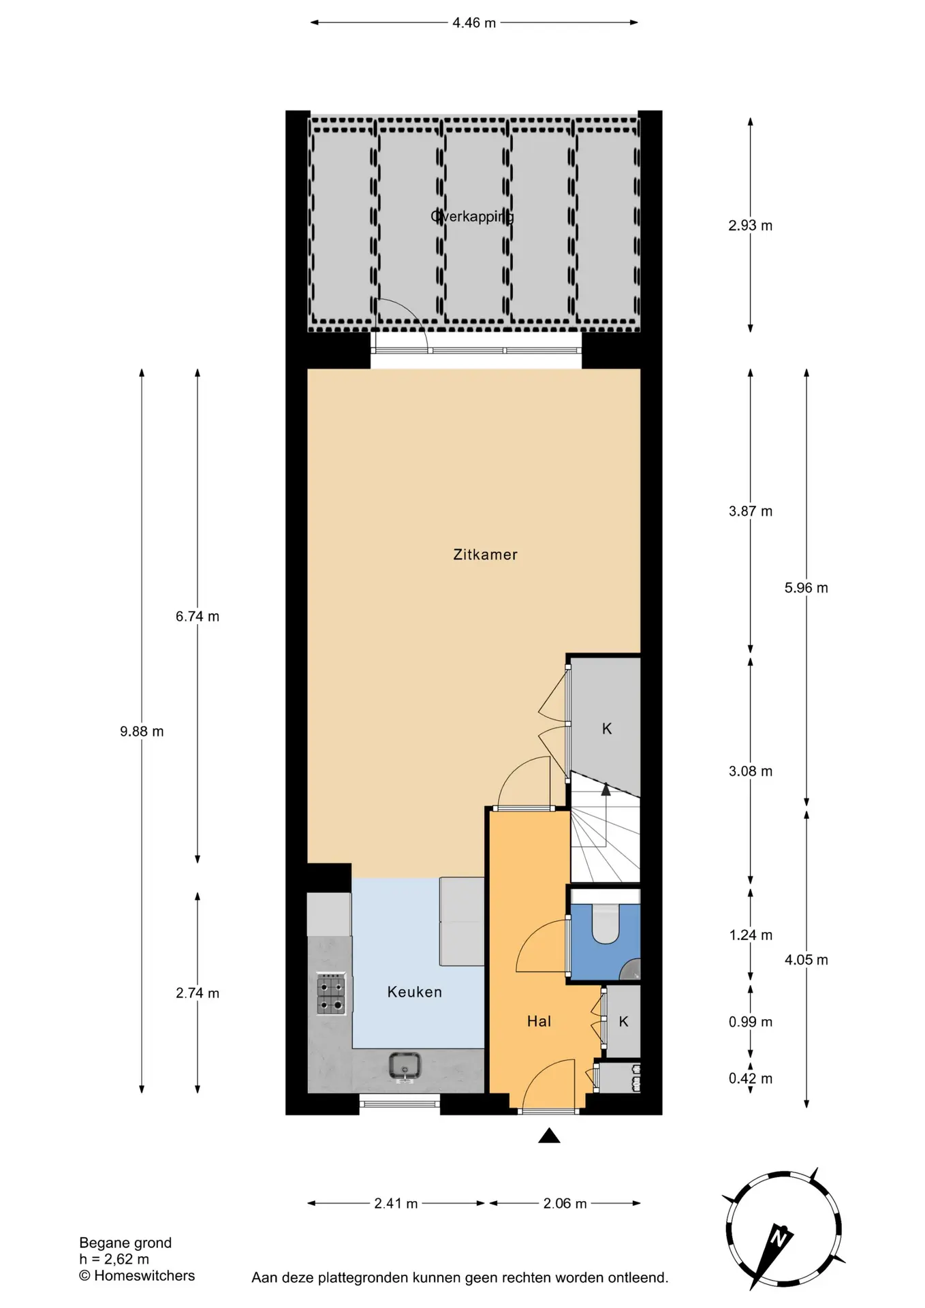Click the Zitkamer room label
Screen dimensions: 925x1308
click(485, 555)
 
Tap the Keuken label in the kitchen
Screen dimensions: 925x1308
click(414, 992)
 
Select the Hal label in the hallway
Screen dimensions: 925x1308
click(539, 1021)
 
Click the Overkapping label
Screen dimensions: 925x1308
click(472, 217)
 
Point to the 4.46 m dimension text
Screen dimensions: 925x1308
click(474, 22)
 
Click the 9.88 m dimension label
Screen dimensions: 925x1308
click(142, 731)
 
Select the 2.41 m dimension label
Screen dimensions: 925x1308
click(396, 1203)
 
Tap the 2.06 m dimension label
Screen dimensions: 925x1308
click(565, 1203)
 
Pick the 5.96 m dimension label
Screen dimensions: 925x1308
click(806, 587)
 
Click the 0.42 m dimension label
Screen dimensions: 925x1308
click(751, 1078)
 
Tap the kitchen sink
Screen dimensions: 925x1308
click(405, 1067)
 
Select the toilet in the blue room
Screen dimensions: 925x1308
click(605, 922)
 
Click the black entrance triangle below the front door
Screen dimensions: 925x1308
click(549, 1135)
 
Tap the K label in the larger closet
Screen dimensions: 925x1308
click(607, 729)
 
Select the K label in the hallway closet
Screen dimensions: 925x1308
click(623, 1021)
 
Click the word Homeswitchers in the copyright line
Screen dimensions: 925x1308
click(144, 1275)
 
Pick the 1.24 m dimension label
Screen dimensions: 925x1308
click(751, 935)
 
